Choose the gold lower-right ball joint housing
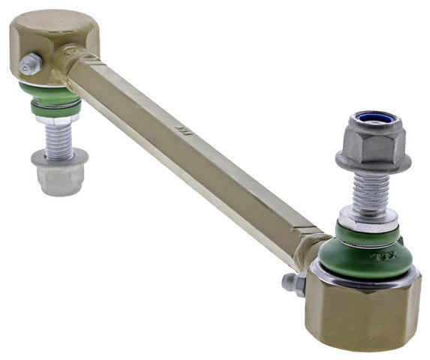[360, 315]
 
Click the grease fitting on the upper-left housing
[30, 64]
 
